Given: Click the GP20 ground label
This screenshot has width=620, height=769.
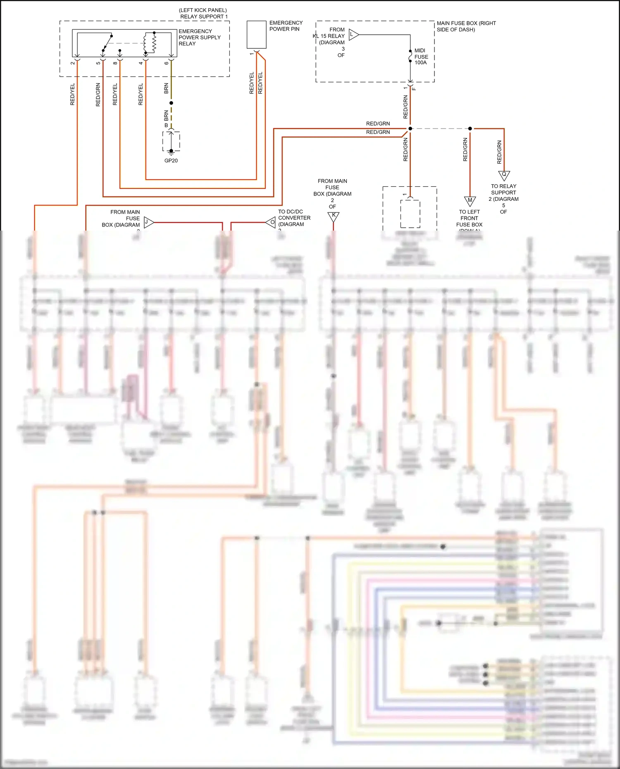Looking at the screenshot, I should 171,160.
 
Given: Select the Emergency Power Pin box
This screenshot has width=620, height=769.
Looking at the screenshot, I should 256,35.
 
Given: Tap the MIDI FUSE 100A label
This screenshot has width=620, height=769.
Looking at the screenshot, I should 421,57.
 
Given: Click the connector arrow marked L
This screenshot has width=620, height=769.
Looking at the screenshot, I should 353,34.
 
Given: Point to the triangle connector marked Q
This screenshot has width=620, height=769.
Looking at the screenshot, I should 504,175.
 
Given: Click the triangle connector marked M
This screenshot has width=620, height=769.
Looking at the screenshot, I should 470,201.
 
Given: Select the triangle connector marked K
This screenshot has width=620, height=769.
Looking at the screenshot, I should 333,216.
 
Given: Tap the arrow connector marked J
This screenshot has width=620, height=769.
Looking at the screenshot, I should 148,222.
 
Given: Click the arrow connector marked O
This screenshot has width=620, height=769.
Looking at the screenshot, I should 271,222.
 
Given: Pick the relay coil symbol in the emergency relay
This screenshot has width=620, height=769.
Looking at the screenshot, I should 150,43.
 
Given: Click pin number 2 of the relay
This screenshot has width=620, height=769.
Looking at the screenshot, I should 73,63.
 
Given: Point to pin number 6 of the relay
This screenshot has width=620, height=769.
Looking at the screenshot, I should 167,63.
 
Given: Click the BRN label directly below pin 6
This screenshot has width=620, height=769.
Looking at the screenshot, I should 166,88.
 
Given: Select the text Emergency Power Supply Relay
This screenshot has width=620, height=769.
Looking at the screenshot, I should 199,37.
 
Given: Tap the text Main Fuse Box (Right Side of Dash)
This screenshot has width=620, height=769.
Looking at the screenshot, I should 466,26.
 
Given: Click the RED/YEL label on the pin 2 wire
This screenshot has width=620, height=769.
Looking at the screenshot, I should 72,94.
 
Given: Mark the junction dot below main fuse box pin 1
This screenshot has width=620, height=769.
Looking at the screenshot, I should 410,129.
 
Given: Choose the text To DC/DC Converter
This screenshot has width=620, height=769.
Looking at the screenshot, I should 294,218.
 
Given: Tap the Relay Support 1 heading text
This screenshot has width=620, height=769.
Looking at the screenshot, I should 203,13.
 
